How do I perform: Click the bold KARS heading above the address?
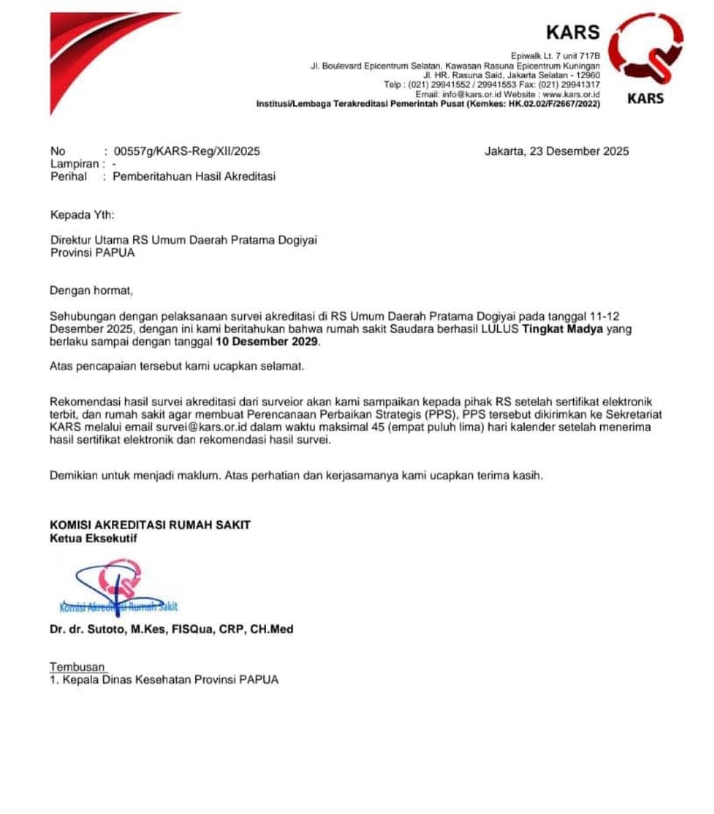572,32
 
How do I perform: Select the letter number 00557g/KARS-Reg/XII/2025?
187,151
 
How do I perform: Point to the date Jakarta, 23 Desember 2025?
557,151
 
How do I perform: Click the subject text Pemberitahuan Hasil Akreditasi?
194,176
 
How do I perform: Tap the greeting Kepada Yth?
82,215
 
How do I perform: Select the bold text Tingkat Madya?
562,329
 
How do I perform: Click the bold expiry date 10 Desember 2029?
267,342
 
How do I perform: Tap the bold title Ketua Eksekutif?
93,538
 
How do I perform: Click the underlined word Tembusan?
77,667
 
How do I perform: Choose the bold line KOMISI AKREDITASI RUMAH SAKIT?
150,525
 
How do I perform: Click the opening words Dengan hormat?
91,290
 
